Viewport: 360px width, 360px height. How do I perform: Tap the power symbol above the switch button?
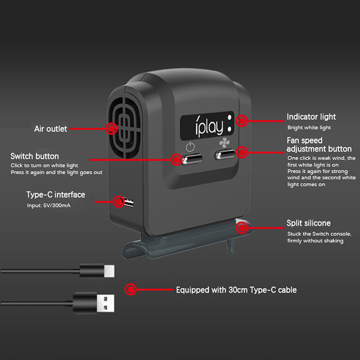point(191,147)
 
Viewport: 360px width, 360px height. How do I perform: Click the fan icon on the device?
point(224,144)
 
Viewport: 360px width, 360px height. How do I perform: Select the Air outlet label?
point(50,129)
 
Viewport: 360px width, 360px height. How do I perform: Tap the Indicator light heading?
point(311,117)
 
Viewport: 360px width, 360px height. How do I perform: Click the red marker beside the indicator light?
point(242,121)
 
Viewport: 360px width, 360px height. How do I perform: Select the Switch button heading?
point(35,157)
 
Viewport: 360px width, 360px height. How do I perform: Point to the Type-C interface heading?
point(55,195)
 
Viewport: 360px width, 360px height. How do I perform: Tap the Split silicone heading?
point(309,223)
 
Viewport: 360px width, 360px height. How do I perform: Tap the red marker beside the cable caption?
point(130,289)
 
